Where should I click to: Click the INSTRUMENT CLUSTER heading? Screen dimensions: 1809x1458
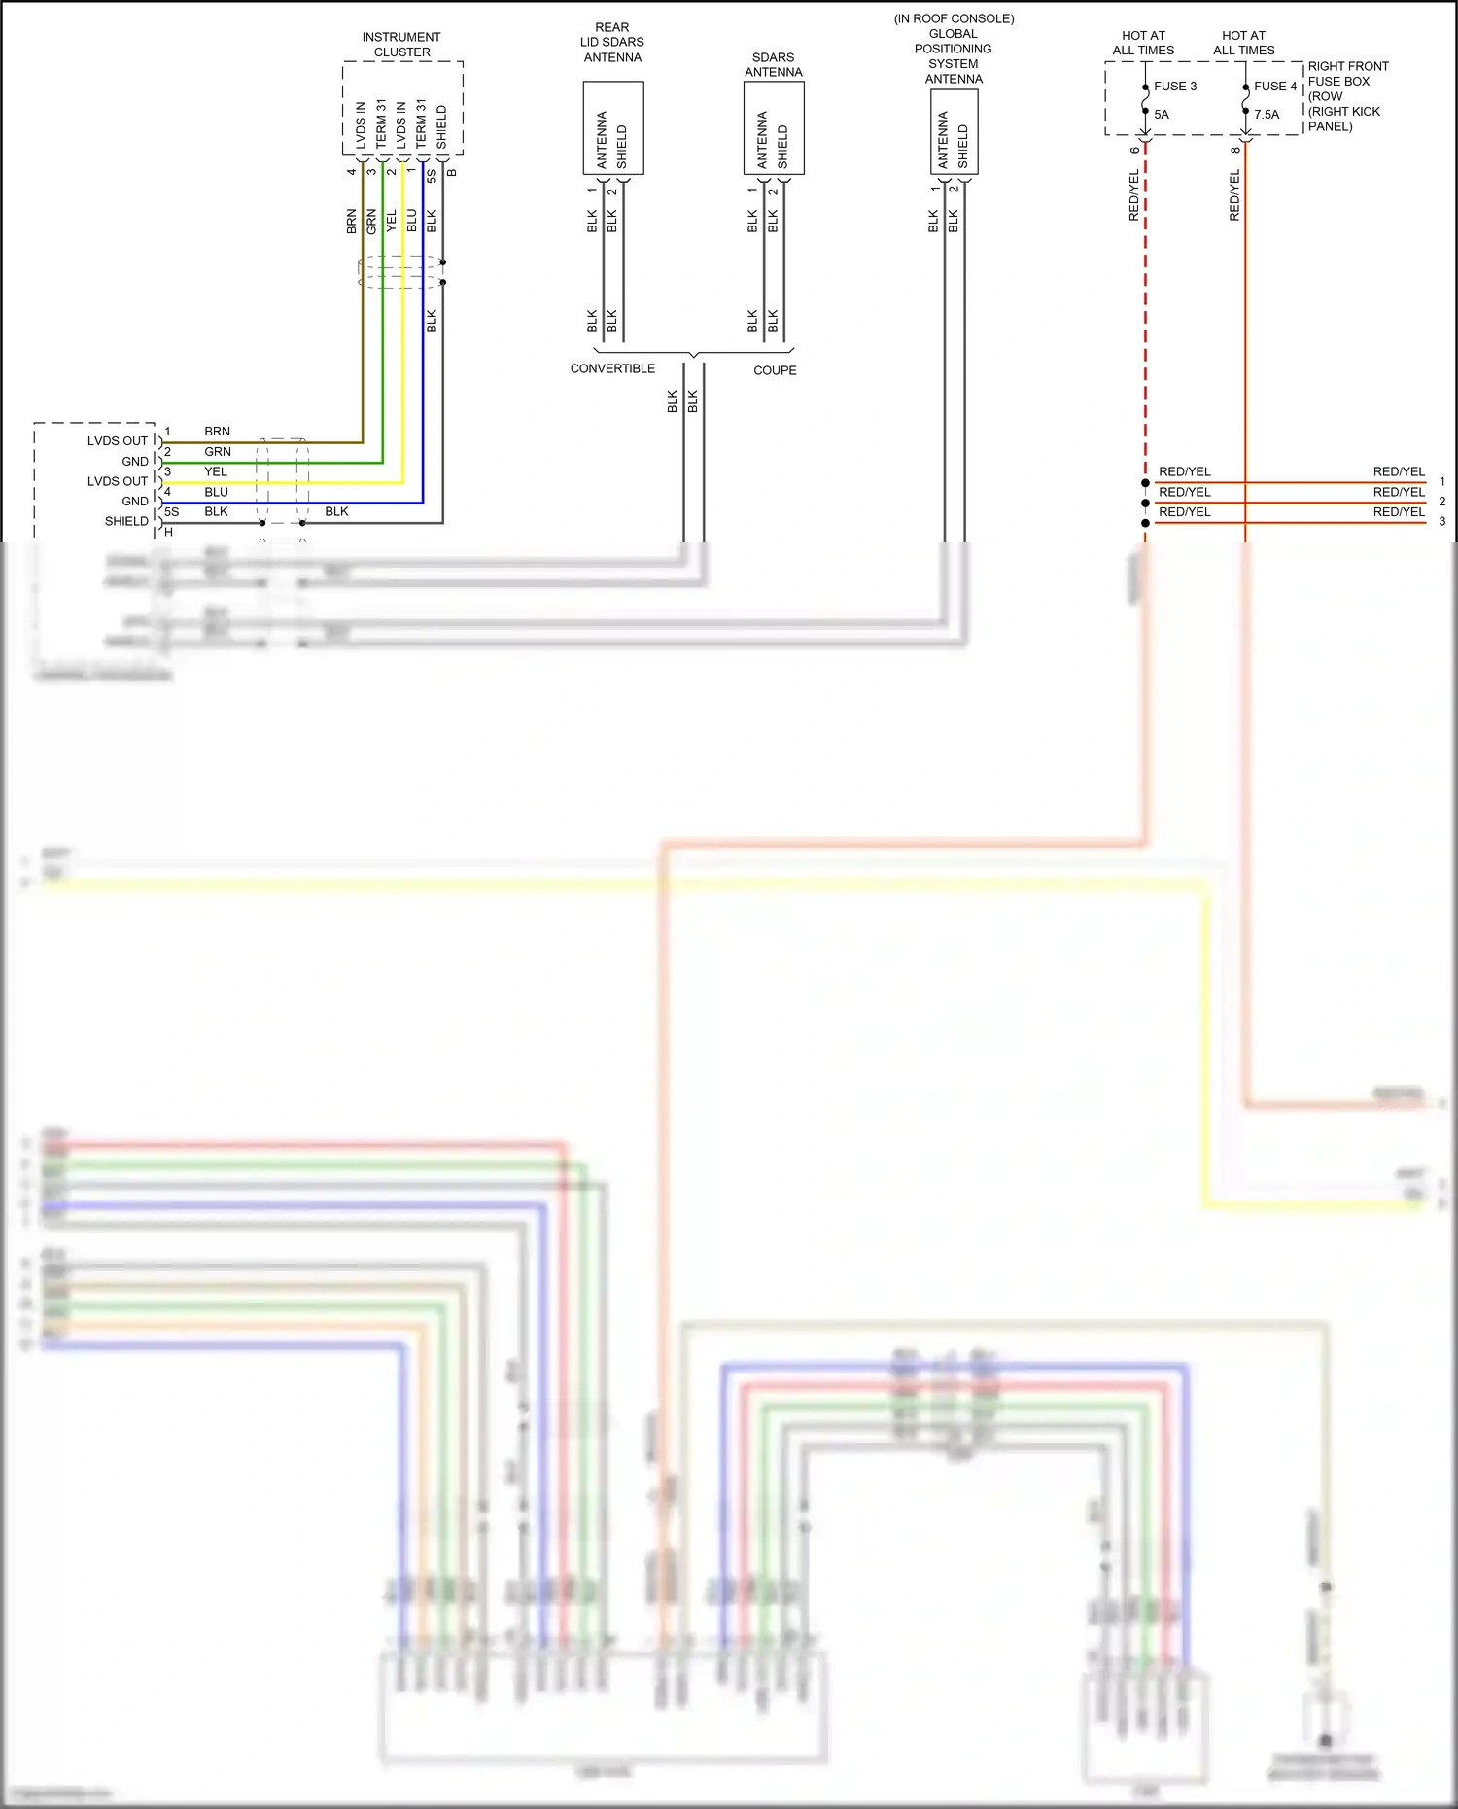coord(401,45)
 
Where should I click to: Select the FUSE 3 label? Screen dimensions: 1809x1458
coord(1175,87)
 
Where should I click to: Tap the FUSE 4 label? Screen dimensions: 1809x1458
coord(1274,87)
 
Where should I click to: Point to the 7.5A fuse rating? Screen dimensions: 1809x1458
coord(1267,115)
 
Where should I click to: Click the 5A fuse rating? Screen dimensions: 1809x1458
coord(1162,115)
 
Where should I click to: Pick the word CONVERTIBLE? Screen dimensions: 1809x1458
coord(612,369)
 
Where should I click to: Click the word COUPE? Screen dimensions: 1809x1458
coord(775,371)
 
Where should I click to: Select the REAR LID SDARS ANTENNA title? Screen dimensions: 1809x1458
coord(612,43)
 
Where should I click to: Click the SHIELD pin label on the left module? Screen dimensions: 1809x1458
coord(126,522)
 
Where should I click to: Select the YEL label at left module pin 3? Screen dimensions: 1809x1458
coord(216,472)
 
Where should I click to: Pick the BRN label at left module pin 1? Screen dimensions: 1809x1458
coord(217,432)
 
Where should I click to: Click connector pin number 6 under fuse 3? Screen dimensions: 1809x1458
coord(1134,150)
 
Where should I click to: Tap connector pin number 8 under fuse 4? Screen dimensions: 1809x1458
coord(1234,150)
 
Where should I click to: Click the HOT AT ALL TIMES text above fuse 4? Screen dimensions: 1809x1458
coord(1243,43)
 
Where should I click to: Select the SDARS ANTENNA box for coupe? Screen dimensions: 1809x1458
coord(774,128)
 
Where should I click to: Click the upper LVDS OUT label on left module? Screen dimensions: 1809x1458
coord(117,441)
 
